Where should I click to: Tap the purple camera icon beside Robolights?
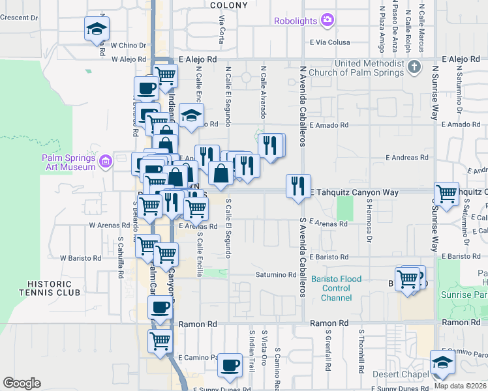[327, 21]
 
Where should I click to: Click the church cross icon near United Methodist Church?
[414, 67]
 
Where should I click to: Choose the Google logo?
[22, 383]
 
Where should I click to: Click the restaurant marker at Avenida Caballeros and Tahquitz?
[298, 186]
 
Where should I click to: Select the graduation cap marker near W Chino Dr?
[97, 29]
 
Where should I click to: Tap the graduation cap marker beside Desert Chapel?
[442, 364]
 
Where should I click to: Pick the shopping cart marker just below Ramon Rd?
[160, 340]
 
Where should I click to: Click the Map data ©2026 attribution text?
[461, 386]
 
